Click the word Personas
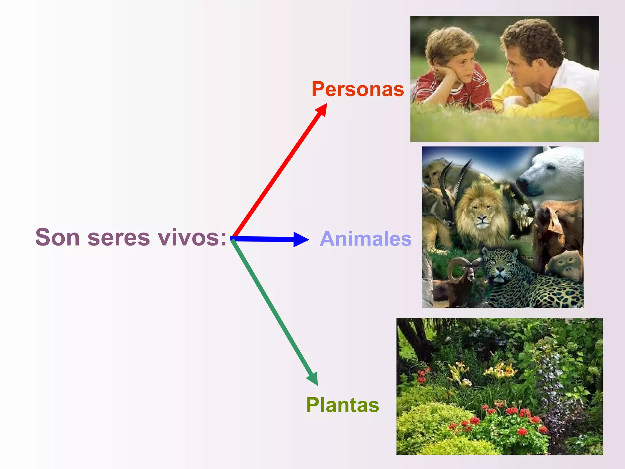pos(358,89)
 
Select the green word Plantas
pos(342,405)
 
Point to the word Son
pos(58,237)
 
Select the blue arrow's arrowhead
pos(300,239)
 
